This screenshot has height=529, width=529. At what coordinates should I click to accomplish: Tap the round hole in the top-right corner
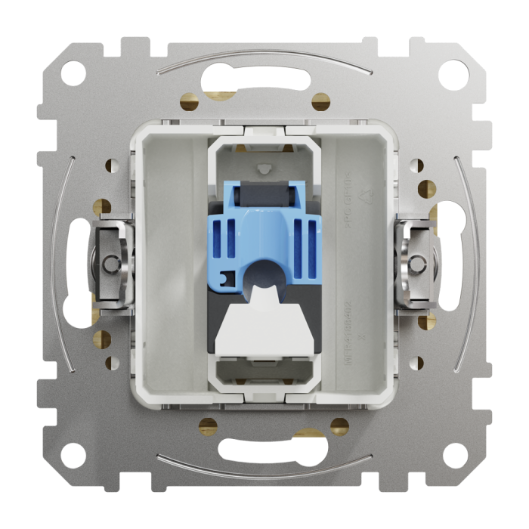[456, 74]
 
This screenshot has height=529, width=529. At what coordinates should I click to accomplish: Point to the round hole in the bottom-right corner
[456, 455]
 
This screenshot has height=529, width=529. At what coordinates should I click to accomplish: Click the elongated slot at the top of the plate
[264, 78]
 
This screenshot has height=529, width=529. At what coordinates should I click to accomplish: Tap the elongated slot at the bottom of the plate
[264, 451]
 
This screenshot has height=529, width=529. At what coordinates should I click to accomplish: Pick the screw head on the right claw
[418, 264]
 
